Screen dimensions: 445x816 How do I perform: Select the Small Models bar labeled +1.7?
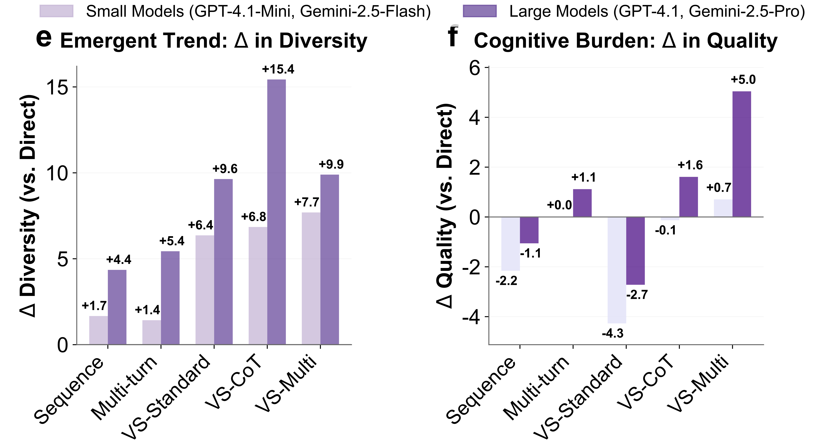pyautogui.click(x=99, y=330)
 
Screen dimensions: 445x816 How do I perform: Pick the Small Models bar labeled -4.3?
pyautogui.click(x=616, y=270)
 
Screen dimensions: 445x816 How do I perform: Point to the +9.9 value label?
pyautogui.click(x=331, y=164)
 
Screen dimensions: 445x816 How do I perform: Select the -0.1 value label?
pyautogui.click(x=666, y=230)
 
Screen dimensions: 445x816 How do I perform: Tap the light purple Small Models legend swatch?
pyautogui.click(x=56, y=11)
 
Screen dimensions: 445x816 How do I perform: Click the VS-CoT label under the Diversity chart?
pyautogui.click(x=234, y=383)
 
